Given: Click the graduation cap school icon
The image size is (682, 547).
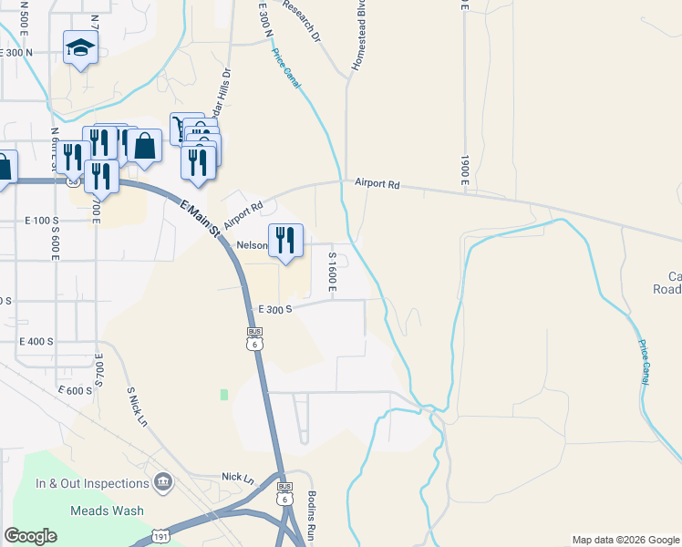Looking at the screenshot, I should (x=80, y=48).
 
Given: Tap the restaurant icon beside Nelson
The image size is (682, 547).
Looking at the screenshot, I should (x=286, y=241).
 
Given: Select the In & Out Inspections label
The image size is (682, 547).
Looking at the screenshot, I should (x=92, y=483).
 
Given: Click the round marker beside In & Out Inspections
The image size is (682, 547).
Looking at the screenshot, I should (x=163, y=481).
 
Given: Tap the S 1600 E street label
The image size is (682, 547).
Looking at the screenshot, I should (x=334, y=274).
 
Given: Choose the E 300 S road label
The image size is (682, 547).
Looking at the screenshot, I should (x=274, y=309).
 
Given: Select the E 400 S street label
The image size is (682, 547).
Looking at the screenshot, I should (x=37, y=341).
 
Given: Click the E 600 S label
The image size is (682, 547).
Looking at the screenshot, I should (x=76, y=390).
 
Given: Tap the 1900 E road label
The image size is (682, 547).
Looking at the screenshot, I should (x=464, y=172).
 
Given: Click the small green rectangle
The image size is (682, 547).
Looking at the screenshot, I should (x=223, y=394).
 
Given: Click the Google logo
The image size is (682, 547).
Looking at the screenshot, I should (x=31, y=536).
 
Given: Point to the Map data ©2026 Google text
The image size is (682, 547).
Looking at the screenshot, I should (x=625, y=540).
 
